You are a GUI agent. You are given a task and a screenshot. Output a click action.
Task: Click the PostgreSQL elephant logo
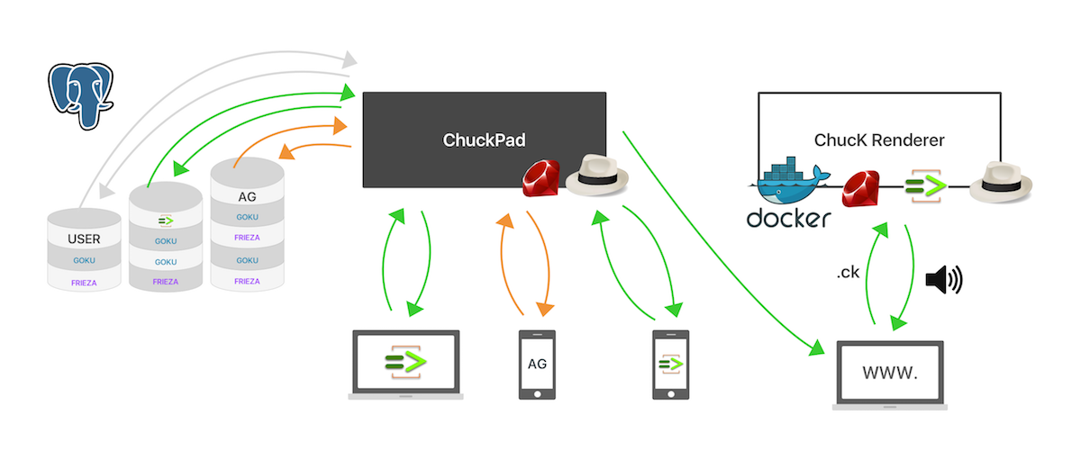click(x=80, y=95)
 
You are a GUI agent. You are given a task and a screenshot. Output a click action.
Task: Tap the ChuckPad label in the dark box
click(x=484, y=140)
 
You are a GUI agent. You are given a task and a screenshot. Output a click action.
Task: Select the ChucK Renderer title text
click(x=879, y=140)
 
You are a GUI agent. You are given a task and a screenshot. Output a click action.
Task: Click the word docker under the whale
click(x=788, y=218)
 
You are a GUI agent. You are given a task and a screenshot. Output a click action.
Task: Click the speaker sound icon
click(x=944, y=279)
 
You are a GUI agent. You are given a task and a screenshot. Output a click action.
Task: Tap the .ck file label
click(x=848, y=273)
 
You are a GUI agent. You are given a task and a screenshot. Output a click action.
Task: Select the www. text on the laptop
click(x=890, y=373)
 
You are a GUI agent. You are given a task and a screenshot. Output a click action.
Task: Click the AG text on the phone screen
click(x=537, y=364)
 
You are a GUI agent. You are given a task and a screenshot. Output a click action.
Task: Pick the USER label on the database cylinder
click(x=84, y=239)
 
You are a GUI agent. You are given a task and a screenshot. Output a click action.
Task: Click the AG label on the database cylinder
click(x=247, y=197)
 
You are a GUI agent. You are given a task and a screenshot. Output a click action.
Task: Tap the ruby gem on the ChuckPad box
click(x=541, y=178)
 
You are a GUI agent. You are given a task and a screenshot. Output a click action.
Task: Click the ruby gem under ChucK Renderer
click(x=860, y=188)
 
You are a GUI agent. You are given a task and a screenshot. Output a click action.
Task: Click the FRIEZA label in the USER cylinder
click(x=84, y=283)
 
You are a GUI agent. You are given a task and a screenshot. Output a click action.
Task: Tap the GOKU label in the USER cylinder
click(x=84, y=260)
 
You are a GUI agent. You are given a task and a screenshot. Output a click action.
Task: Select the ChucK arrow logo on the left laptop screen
click(x=406, y=361)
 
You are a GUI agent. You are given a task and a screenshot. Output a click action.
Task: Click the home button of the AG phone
click(x=537, y=394)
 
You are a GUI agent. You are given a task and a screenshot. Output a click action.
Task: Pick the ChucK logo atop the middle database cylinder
click(x=166, y=221)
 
